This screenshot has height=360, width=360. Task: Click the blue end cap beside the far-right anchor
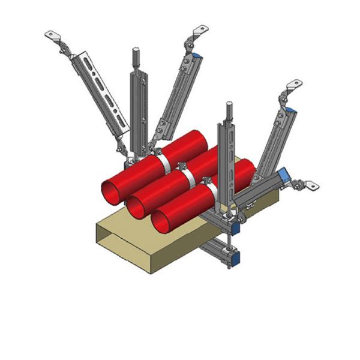[284, 176]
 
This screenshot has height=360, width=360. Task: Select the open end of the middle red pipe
[136, 208]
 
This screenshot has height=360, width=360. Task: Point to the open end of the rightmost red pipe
[161, 222]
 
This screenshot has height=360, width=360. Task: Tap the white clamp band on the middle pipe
[188, 176]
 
